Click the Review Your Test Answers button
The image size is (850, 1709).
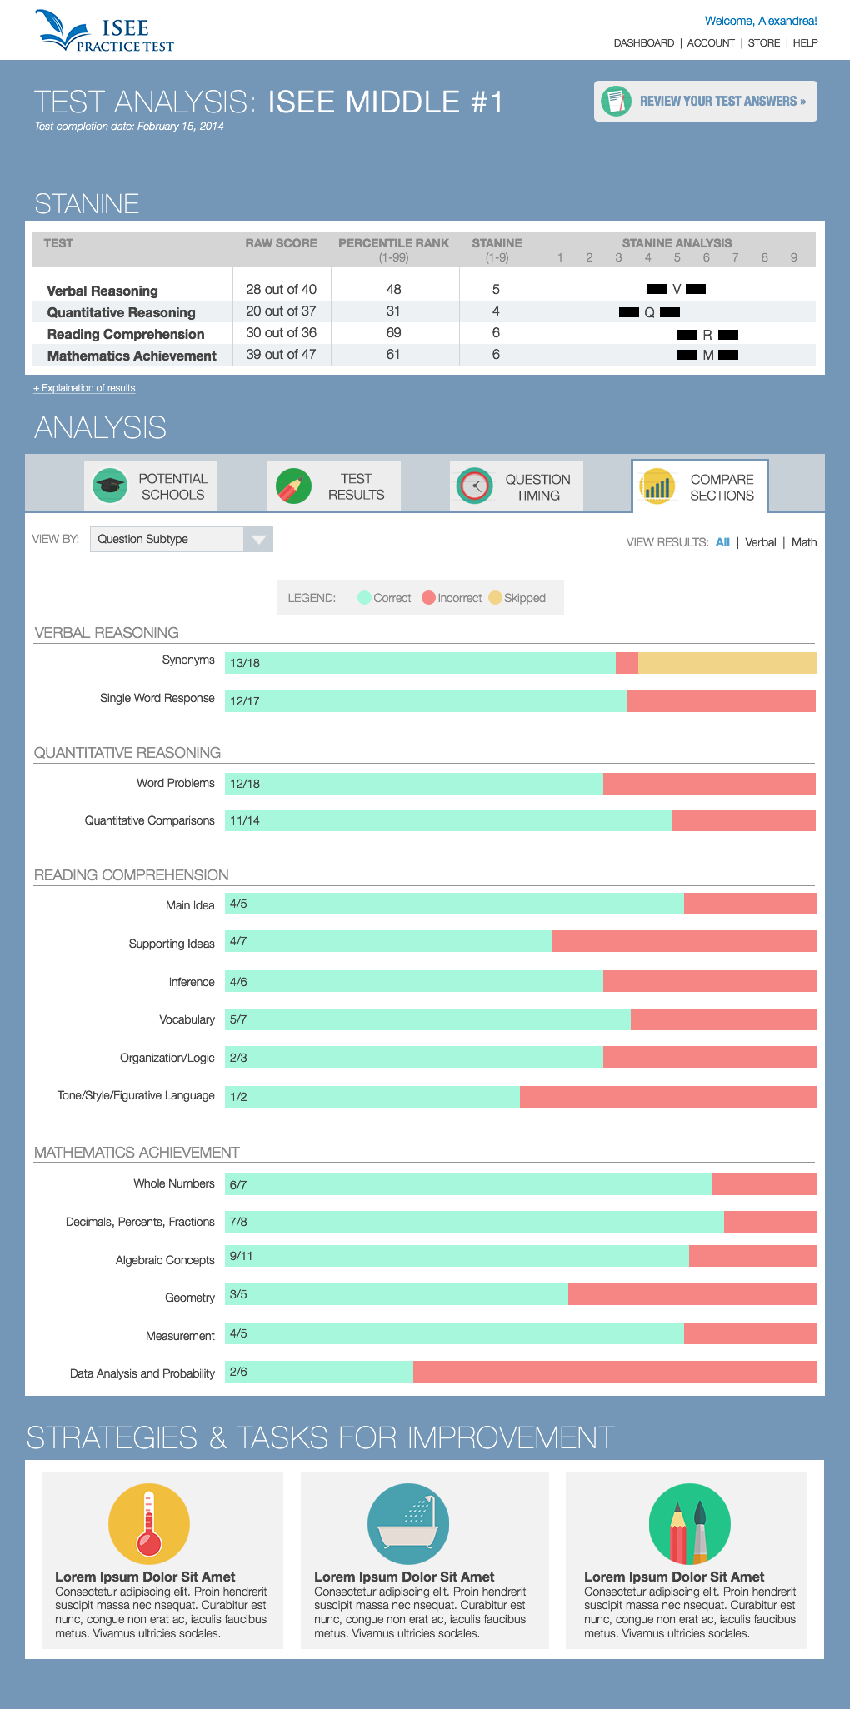(705, 101)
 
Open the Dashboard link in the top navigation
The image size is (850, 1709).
(643, 43)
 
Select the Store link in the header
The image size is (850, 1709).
(763, 43)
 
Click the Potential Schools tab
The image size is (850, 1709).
(151, 486)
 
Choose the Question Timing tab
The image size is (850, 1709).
(517, 486)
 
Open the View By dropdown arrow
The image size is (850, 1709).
(258, 540)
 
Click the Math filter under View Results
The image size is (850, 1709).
(804, 542)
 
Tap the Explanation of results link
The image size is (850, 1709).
(84, 388)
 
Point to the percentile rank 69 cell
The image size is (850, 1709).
(393, 333)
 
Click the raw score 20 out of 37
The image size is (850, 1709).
(281, 311)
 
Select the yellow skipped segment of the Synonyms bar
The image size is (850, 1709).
(727, 663)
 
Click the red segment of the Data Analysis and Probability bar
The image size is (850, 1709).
(614, 1372)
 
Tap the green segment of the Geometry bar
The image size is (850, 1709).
(397, 1294)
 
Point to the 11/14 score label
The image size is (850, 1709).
(245, 820)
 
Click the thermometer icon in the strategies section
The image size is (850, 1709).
(149, 1524)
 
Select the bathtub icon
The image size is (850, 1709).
(408, 1524)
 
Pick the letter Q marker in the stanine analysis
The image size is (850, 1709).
(650, 312)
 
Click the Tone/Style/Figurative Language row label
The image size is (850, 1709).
(136, 1095)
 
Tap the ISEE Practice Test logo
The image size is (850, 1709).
(105, 32)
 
